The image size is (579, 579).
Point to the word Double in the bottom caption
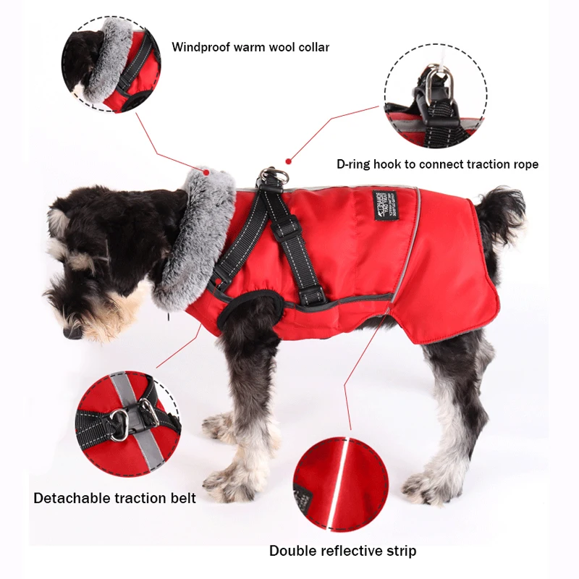point(294,551)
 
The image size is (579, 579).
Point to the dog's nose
point(71,332)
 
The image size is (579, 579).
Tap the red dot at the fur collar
point(206,172)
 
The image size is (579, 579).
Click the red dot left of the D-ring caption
point(288,161)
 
